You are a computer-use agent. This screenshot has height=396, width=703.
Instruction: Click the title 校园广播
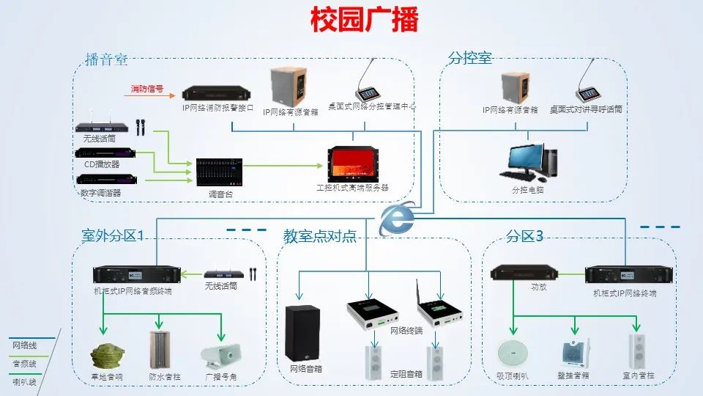[x=364, y=20]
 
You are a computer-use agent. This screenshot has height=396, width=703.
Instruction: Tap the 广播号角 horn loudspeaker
[x=221, y=355]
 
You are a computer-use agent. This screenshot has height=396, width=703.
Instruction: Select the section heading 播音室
[x=106, y=59]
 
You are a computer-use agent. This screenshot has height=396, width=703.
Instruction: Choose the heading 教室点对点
[x=319, y=236]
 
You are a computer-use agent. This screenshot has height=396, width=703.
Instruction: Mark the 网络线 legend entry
[x=24, y=345]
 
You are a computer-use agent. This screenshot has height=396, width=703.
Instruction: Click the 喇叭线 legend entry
[x=24, y=381]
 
